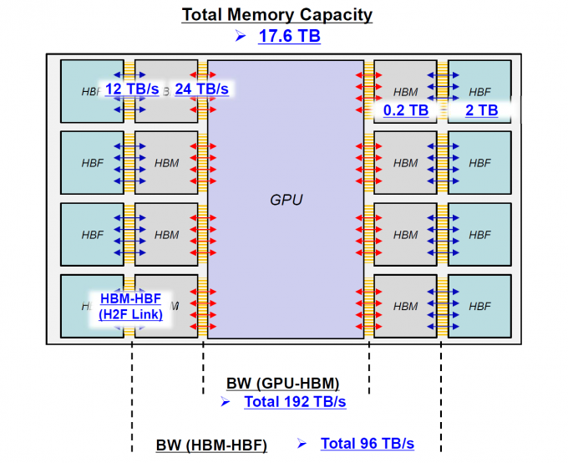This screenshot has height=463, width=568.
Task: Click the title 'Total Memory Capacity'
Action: coord(277,14)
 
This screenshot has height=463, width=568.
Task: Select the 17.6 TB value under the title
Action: coord(289,36)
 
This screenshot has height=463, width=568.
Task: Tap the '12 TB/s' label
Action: coord(132,89)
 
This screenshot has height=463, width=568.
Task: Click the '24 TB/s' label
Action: coord(201,89)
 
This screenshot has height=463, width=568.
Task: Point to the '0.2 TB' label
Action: coord(406,110)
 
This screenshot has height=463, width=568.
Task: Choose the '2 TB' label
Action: coord(481,110)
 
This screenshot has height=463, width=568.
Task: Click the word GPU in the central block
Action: coord(286,200)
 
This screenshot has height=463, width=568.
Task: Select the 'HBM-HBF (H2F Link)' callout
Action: coord(131,306)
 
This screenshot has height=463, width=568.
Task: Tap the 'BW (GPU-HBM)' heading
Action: coord(282,384)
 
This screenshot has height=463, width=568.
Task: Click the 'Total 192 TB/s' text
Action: coord(295,402)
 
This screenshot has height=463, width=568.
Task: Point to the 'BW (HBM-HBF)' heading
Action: coord(211,445)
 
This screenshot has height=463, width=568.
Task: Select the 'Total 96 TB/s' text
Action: coord(368,443)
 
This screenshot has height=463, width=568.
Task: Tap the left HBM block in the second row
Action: coord(166,163)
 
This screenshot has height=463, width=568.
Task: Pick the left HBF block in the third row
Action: coord(92,235)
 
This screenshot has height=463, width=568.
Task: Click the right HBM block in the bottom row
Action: coord(405,307)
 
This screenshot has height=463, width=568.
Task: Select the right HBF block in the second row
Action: coord(480,163)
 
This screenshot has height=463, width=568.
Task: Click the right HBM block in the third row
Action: coord(405,235)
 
